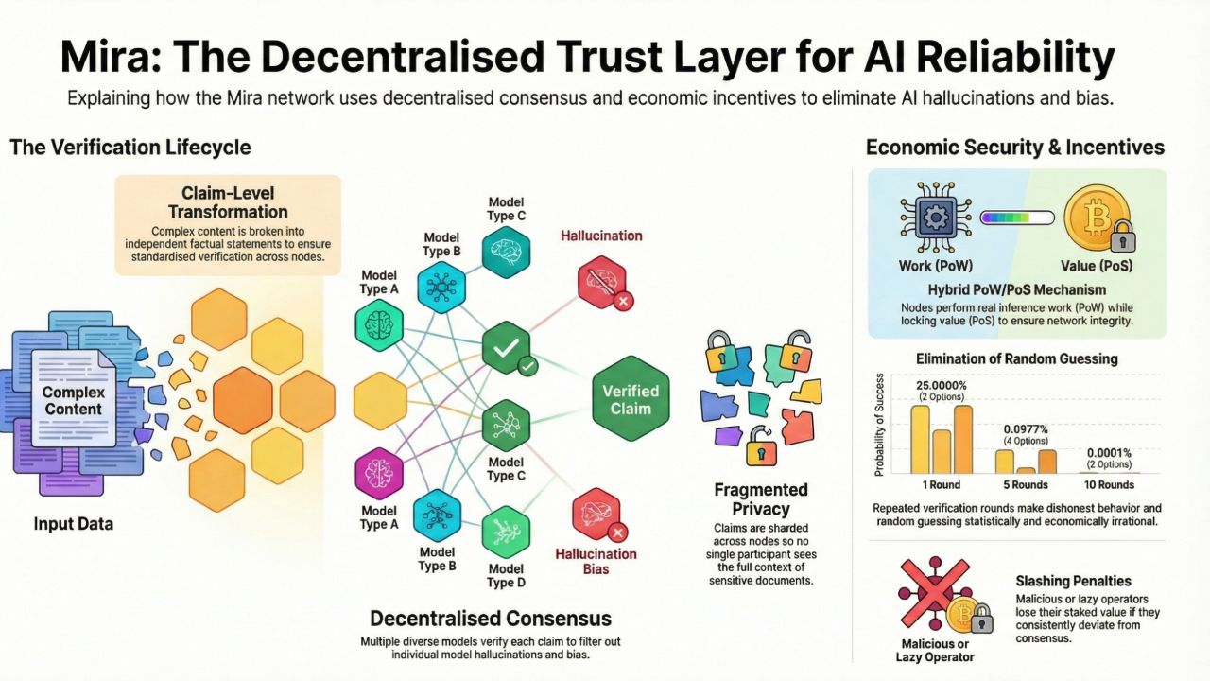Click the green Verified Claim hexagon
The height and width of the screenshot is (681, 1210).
(x=631, y=398)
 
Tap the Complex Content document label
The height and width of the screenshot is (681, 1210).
(x=73, y=400)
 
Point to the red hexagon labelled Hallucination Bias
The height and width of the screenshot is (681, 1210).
(x=596, y=516)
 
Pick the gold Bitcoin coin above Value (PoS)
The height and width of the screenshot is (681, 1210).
(x=1097, y=218)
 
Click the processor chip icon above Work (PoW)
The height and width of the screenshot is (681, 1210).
(x=934, y=218)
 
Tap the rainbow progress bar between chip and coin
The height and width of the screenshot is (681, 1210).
(x=1016, y=218)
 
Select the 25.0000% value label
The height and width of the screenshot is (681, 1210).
(x=942, y=386)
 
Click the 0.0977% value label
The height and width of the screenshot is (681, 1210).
(x=1025, y=428)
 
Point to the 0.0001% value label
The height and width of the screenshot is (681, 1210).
(x=1108, y=452)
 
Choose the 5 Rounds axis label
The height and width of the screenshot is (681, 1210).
(x=1025, y=485)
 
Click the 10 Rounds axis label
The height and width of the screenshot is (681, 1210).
(x=1108, y=485)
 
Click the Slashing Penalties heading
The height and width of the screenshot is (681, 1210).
(x=1073, y=581)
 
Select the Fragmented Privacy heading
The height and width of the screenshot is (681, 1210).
(x=760, y=499)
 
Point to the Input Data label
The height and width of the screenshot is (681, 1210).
(x=74, y=523)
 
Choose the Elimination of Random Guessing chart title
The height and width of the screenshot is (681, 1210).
(x=1016, y=358)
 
